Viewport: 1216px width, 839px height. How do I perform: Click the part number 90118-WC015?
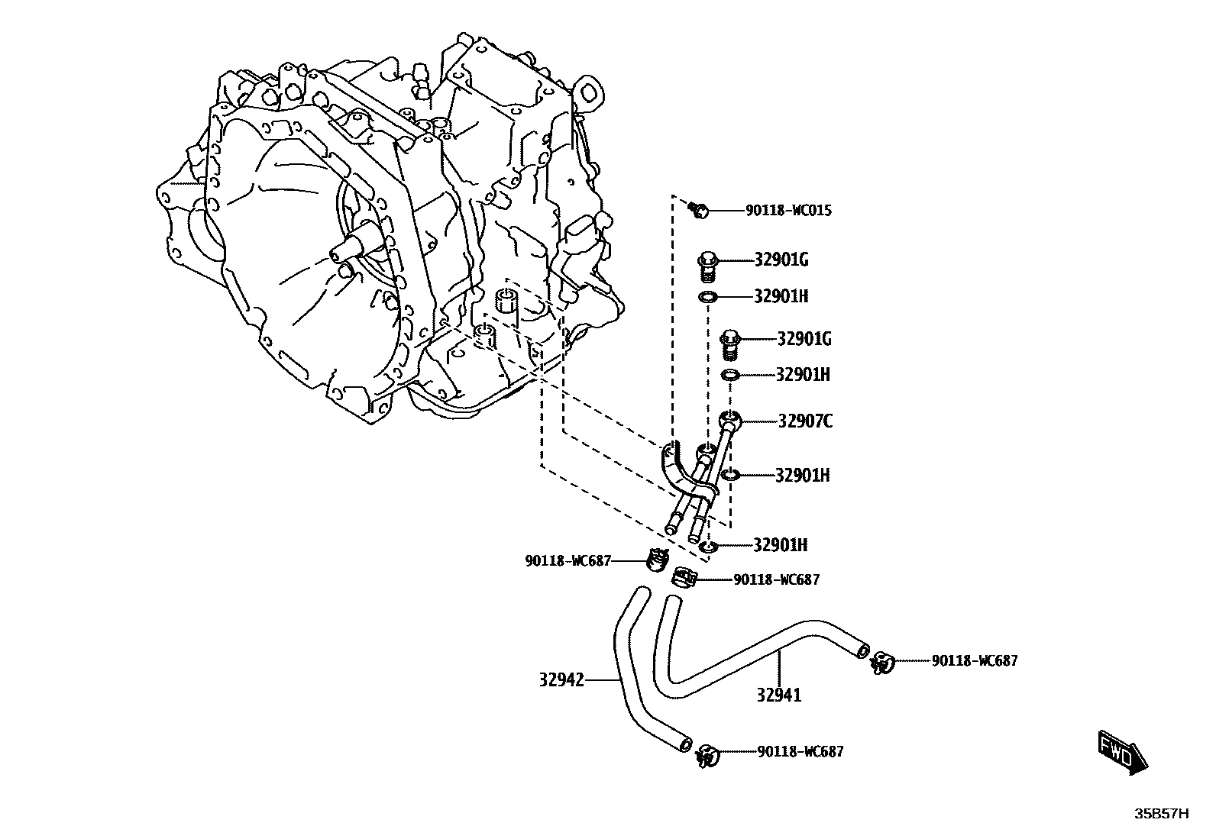(x=788, y=210)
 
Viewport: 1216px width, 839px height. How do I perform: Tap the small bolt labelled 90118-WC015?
(x=698, y=208)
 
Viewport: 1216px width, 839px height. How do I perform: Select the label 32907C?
(x=805, y=421)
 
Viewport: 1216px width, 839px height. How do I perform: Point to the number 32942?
(x=561, y=679)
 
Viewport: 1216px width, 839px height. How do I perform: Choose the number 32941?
(x=779, y=695)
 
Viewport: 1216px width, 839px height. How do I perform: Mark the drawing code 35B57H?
(x=1161, y=814)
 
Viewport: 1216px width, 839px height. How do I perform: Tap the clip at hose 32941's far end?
(x=881, y=663)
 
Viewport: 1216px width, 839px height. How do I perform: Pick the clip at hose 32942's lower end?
(x=707, y=756)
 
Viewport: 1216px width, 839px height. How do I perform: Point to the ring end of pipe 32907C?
(x=730, y=419)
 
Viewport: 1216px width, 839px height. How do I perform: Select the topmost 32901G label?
(x=781, y=260)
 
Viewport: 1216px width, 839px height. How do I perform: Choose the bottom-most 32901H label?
(x=780, y=545)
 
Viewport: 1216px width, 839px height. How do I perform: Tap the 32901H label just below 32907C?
(x=802, y=476)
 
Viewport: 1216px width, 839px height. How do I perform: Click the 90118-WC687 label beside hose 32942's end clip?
(x=800, y=752)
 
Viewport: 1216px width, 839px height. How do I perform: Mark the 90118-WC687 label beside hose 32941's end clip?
(x=974, y=661)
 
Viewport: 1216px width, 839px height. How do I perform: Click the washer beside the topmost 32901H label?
(x=708, y=297)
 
